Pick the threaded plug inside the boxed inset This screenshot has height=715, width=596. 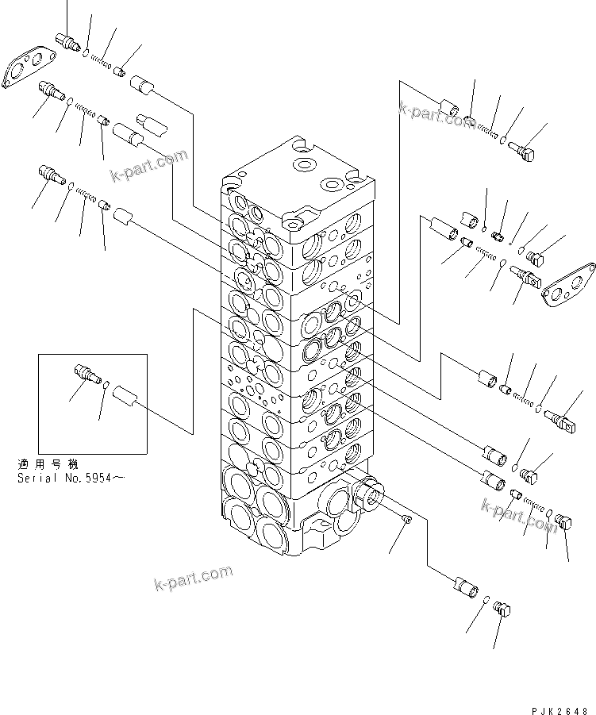(x=83, y=372)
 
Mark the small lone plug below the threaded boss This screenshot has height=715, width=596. (x=407, y=520)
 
